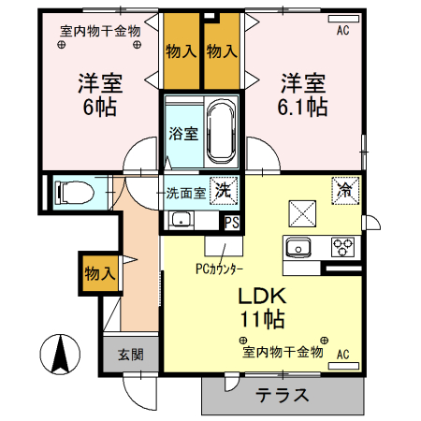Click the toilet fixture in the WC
pos(73,193)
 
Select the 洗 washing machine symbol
pos(224,189)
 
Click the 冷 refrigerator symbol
pos(343,187)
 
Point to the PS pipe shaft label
pos(231,222)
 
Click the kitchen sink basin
pos(298,249)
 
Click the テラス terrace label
pos(282,394)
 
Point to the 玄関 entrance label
pos(129,355)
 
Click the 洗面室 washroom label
pos(184,193)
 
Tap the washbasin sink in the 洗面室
pos(181,221)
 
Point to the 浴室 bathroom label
pos(182,133)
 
